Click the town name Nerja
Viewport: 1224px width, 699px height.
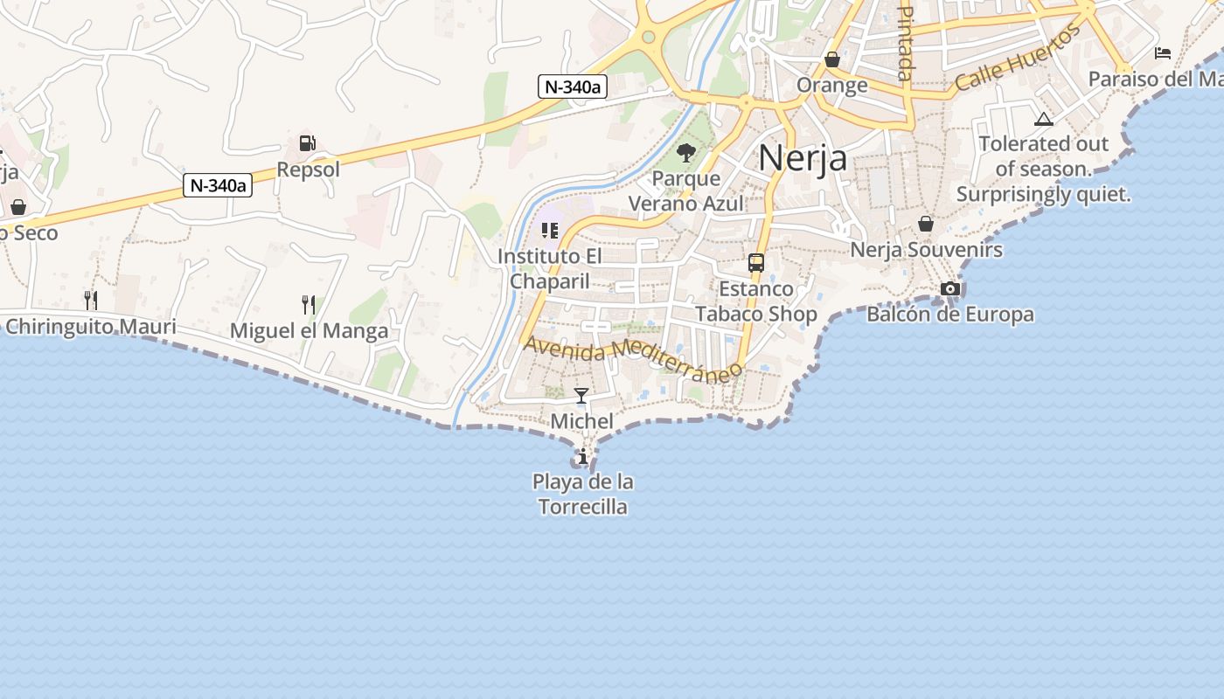pos(802,158)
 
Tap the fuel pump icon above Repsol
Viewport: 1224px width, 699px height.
pos(307,143)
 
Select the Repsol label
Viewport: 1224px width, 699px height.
pos(308,170)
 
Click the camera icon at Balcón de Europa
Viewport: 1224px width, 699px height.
pos(950,289)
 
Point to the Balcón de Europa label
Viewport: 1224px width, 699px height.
pos(949,315)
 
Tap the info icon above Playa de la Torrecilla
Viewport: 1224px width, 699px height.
pos(582,456)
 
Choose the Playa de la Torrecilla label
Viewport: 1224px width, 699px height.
pos(583,494)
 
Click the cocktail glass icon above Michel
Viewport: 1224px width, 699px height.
pos(581,396)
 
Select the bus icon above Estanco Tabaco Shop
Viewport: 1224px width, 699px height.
pos(755,263)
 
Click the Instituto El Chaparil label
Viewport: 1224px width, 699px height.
pos(550,269)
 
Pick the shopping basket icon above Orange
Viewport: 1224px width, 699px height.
pos(832,60)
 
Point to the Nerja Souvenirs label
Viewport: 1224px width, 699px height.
pos(926,250)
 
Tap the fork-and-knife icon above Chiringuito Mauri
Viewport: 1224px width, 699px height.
pos(91,301)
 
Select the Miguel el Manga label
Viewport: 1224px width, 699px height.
pos(309,331)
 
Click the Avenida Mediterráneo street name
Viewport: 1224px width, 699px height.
pos(632,359)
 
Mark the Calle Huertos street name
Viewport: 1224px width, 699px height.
pos(1018,59)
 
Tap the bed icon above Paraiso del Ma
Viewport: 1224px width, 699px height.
pos(1163,53)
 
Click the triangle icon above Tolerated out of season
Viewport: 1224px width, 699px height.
pos(1043,119)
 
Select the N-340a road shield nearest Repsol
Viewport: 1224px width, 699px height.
pos(218,185)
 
